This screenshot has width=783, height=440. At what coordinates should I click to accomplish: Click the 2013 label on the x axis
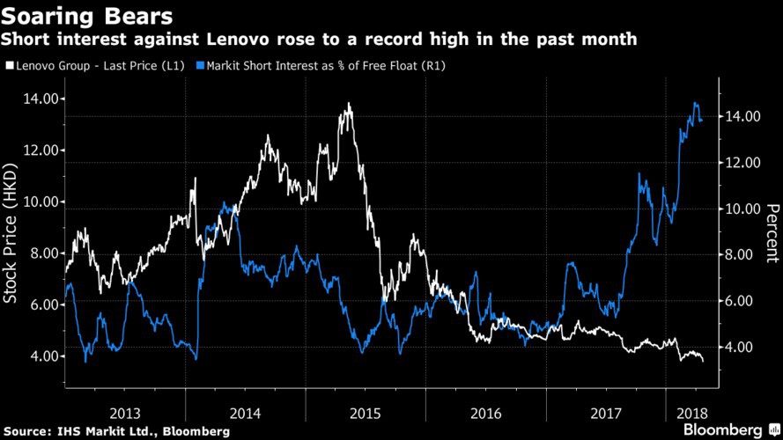125,412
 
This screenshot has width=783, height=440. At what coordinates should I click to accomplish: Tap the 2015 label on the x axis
366,412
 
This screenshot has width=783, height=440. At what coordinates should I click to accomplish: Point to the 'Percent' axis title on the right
772,233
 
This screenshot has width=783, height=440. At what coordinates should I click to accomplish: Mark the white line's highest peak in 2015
350,104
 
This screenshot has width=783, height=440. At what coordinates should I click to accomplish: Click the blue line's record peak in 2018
696,103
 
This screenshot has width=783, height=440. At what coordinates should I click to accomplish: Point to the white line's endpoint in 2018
703,361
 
